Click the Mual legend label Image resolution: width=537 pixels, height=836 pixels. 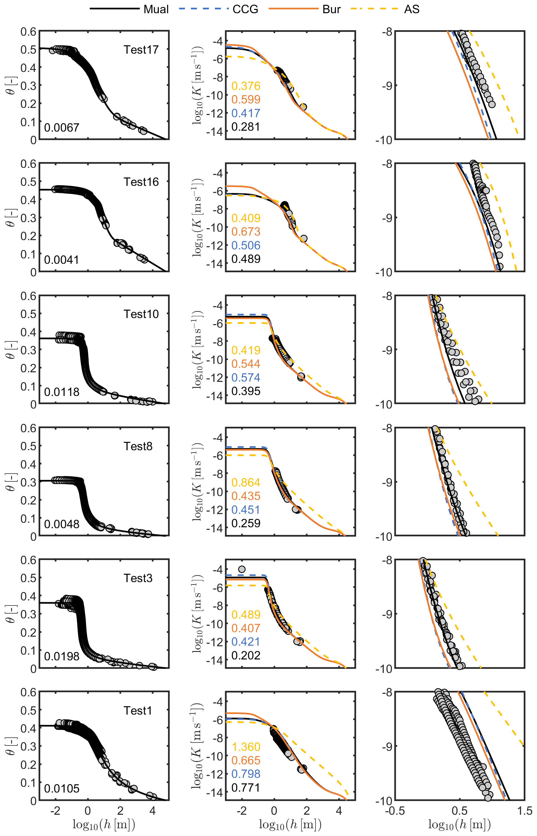pyautogui.click(x=156, y=9)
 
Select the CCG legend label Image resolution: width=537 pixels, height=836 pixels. pyautogui.click(x=245, y=9)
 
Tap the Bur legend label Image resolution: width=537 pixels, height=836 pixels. pyautogui.click(x=331, y=9)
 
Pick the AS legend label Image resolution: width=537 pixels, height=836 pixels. pyautogui.click(x=411, y=9)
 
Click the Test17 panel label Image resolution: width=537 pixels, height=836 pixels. pyautogui.click(x=141, y=50)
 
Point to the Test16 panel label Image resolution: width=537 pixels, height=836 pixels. pyautogui.click(x=141, y=182)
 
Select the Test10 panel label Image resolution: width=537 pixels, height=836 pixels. pyautogui.click(x=141, y=314)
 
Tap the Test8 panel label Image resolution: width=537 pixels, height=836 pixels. pyautogui.click(x=138, y=446)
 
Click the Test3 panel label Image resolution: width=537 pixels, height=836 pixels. pyautogui.click(x=138, y=578)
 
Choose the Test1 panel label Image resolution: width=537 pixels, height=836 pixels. pyautogui.click(x=138, y=711)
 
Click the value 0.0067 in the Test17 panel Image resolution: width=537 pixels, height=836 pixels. pyautogui.click(x=61, y=128)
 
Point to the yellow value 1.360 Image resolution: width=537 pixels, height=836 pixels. pyautogui.click(x=246, y=747)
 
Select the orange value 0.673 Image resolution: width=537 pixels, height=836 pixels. pyautogui.click(x=246, y=232)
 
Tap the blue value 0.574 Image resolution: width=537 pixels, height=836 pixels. pyautogui.click(x=246, y=377)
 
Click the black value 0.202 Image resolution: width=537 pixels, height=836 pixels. pyautogui.click(x=246, y=655)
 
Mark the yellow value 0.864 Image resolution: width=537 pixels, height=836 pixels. pyautogui.click(x=246, y=483)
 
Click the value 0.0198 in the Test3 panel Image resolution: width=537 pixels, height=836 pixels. pyautogui.click(x=61, y=656)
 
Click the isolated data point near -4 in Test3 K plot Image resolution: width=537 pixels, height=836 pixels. pyautogui.click(x=242, y=569)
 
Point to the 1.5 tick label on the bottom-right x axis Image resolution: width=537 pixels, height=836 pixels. pyautogui.click(x=524, y=811)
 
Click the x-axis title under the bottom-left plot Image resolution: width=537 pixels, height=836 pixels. pyautogui.click(x=104, y=825)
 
